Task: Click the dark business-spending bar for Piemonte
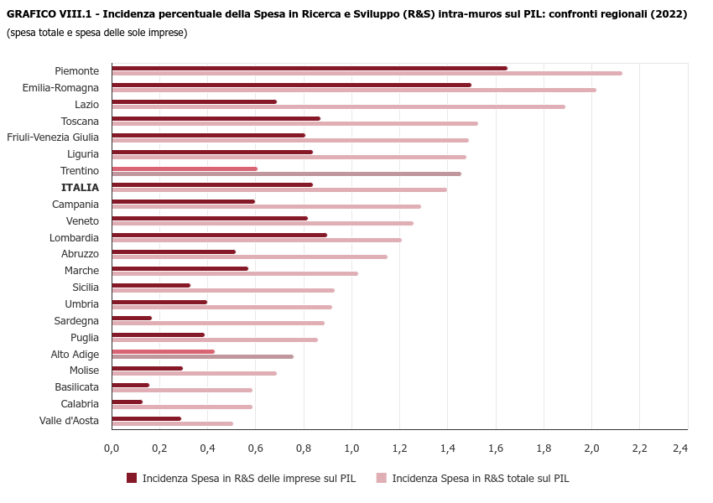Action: [x=309, y=68]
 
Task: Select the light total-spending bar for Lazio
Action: [x=338, y=106]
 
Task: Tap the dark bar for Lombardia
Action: [x=219, y=235]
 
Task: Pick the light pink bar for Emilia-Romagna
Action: [x=353, y=90]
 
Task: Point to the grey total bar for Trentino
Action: [x=286, y=174]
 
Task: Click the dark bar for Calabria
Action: [x=127, y=402]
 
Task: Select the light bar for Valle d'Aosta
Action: [x=172, y=423]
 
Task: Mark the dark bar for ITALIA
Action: [x=211, y=184]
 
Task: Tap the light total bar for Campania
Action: [x=266, y=206]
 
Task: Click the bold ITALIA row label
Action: [x=80, y=188]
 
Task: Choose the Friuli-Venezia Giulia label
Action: [x=53, y=137]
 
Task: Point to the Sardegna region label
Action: [x=76, y=321]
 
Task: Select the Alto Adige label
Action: [x=75, y=355]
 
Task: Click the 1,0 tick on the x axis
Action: [x=351, y=449]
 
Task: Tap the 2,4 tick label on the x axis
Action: [x=680, y=449]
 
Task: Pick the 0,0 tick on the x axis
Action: [x=112, y=449]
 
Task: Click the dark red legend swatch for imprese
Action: [x=132, y=478]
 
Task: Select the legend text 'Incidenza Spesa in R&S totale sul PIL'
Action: [x=481, y=479]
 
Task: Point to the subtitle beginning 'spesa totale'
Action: [x=96, y=33]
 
